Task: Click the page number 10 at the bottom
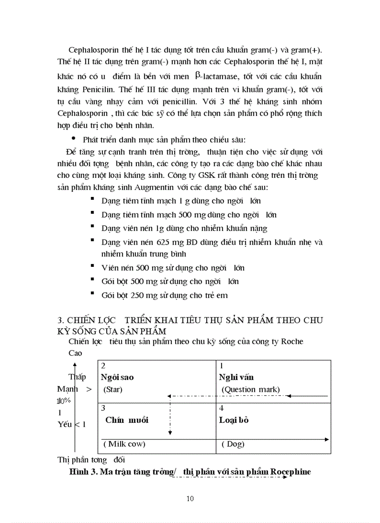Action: pos(190,498)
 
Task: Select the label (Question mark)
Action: pos(251,389)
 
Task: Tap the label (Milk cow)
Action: pos(124,444)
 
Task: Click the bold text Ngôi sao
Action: pos(117,377)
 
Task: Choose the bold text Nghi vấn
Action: pos(236,377)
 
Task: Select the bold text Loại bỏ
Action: pos(234,420)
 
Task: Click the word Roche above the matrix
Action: pos(291,342)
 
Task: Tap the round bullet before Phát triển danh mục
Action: pos(73,139)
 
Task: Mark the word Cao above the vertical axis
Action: pos(75,353)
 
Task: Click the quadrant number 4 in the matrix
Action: pos(222,408)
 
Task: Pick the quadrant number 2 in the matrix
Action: pos(103,366)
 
